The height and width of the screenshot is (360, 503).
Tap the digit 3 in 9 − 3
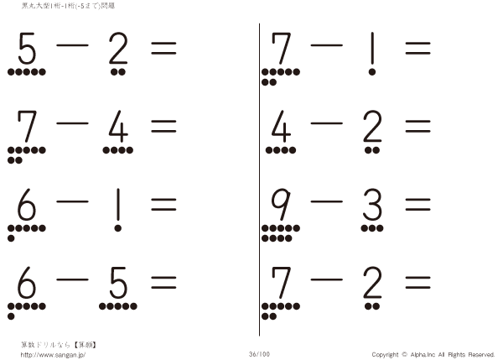(x=372, y=205)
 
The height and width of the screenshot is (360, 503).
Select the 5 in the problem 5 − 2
(x=27, y=48)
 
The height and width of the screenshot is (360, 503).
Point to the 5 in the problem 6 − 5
(x=118, y=283)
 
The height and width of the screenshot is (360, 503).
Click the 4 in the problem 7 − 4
(x=118, y=127)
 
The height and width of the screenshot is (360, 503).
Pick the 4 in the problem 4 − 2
(x=281, y=127)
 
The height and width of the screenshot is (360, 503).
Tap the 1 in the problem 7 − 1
(x=372, y=48)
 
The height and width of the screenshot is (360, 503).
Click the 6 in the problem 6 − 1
(x=26, y=205)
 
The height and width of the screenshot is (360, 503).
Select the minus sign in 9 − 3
(x=327, y=201)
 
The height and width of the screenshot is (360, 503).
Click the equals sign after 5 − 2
(x=163, y=48)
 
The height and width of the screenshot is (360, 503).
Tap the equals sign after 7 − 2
(x=417, y=283)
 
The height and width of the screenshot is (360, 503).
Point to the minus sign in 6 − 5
(x=72, y=279)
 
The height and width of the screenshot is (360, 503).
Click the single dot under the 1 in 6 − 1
(x=118, y=228)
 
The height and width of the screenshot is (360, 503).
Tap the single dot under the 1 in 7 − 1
(x=372, y=72)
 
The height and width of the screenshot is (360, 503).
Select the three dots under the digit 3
(x=372, y=228)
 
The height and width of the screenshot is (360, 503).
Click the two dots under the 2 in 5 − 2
(x=118, y=72)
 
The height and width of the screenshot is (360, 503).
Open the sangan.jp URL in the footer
(x=53, y=355)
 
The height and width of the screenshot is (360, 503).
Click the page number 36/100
(x=259, y=354)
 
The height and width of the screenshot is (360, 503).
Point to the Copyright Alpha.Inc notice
(x=433, y=354)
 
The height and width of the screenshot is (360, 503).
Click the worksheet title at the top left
(x=68, y=6)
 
